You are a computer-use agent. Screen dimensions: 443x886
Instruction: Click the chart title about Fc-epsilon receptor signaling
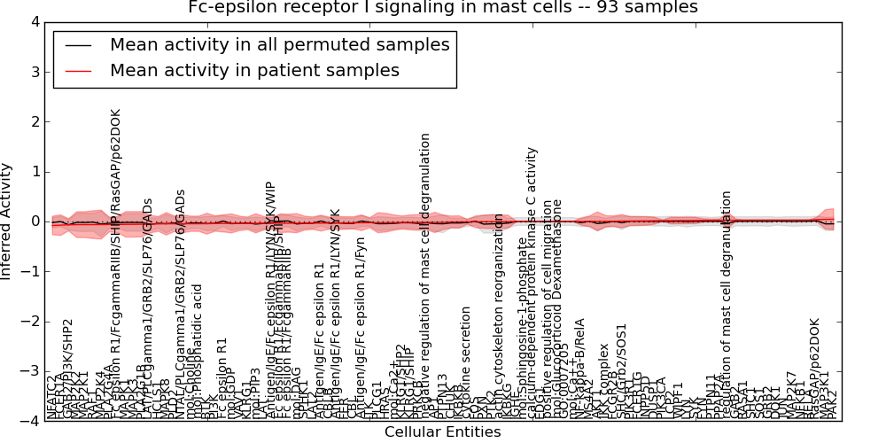443,8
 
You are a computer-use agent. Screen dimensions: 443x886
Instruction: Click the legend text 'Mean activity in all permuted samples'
279,44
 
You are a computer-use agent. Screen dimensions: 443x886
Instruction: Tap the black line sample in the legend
77,45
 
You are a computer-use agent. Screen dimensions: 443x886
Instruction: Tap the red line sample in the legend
77,71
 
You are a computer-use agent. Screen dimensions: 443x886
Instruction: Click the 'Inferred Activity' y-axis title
8,221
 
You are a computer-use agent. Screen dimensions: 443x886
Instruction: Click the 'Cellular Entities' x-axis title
442,432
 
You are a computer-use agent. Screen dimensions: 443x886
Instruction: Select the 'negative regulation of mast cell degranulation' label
425,275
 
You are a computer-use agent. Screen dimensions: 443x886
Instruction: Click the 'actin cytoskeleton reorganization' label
500,315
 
